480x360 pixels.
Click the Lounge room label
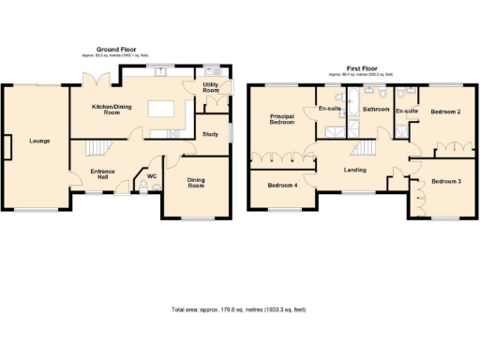39,142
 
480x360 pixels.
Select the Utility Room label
212,88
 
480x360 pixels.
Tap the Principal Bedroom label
282,120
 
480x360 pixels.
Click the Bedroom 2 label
445,112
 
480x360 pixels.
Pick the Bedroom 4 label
282,186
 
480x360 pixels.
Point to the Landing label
355,170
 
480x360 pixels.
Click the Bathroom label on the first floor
376,110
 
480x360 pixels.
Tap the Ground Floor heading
118,49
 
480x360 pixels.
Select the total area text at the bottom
239,309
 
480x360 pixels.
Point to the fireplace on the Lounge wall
7,146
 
